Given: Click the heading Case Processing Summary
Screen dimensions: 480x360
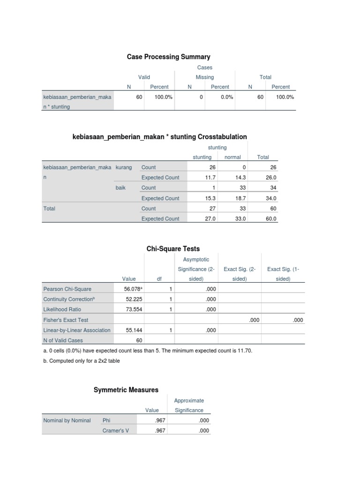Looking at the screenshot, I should coord(168,57).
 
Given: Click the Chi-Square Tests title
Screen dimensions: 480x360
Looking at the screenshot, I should coord(173,248).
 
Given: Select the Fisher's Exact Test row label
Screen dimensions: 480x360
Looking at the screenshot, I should coord(66,320).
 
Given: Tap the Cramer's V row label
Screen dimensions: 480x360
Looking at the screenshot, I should coord(115,431).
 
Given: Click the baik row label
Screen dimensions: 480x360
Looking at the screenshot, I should coord(121,187).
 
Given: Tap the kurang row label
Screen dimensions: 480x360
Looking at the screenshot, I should coord(124,167).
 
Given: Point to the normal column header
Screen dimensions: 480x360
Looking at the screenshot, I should coord(232,157).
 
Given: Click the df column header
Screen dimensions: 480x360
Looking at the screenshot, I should coord(159,278).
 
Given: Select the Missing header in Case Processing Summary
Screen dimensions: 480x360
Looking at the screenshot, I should coord(204,77).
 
